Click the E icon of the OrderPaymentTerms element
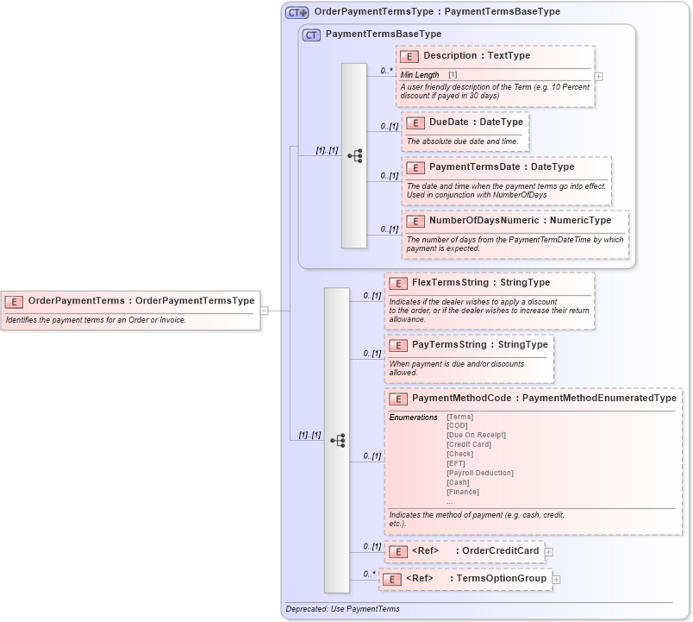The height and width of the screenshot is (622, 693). tap(14, 301)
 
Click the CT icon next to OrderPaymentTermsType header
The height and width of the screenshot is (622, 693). tap(297, 12)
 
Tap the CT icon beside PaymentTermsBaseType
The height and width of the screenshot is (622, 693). tap(311, 35)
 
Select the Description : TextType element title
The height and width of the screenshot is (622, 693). tap(476, 56)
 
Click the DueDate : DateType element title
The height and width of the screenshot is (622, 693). tap(476, 123)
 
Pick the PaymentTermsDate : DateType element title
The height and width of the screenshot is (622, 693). tap(501, 167)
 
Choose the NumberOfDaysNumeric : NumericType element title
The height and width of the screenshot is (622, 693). tap(520, 221)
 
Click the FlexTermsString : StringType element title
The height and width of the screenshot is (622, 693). tap(480, 283)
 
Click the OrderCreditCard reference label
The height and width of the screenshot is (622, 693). tap(500, 551)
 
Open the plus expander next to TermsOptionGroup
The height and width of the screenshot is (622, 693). tap(556, 579)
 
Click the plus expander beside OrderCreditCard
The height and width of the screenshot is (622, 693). tap(548, 552)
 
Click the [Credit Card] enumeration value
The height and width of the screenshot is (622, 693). tap(468, 444)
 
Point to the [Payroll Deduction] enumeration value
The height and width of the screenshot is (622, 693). tap(479, 473)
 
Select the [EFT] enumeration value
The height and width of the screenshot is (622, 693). tap(455, 463)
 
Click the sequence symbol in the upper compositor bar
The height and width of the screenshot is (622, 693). tap(354, 156)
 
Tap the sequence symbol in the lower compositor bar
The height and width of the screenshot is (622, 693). tap(337, 440)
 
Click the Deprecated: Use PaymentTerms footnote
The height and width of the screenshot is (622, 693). tap(342, 609)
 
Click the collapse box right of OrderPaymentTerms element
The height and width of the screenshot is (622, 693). tap(265, 311)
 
